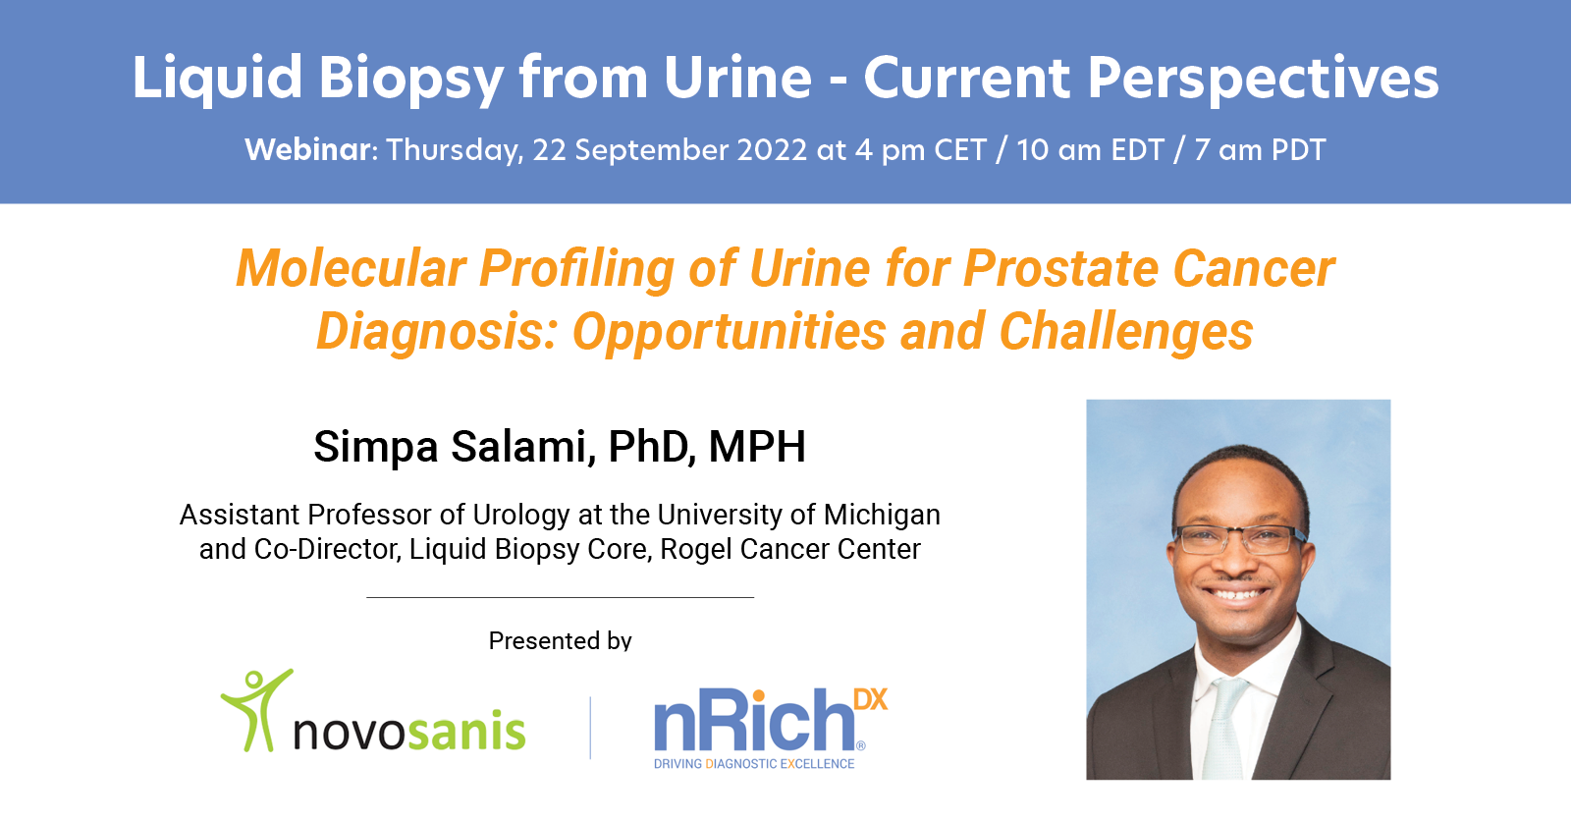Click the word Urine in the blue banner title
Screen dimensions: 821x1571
point(737,78)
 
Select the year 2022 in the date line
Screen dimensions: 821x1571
point(772,150)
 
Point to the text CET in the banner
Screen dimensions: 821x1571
point(959,150)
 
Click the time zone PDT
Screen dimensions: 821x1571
point(1298,150)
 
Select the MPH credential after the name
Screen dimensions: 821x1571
point(757,447)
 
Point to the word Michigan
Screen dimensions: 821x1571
point(882,515)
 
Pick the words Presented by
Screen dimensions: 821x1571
point(560,641)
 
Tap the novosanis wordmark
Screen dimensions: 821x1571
point(408,731)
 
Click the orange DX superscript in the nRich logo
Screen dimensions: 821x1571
point(870,699)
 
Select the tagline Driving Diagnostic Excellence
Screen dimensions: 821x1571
point(754,764)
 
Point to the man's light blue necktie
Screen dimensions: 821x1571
point(1224,727)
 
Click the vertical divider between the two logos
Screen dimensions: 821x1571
point(590,728)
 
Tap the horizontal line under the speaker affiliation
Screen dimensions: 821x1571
point(560,597)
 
